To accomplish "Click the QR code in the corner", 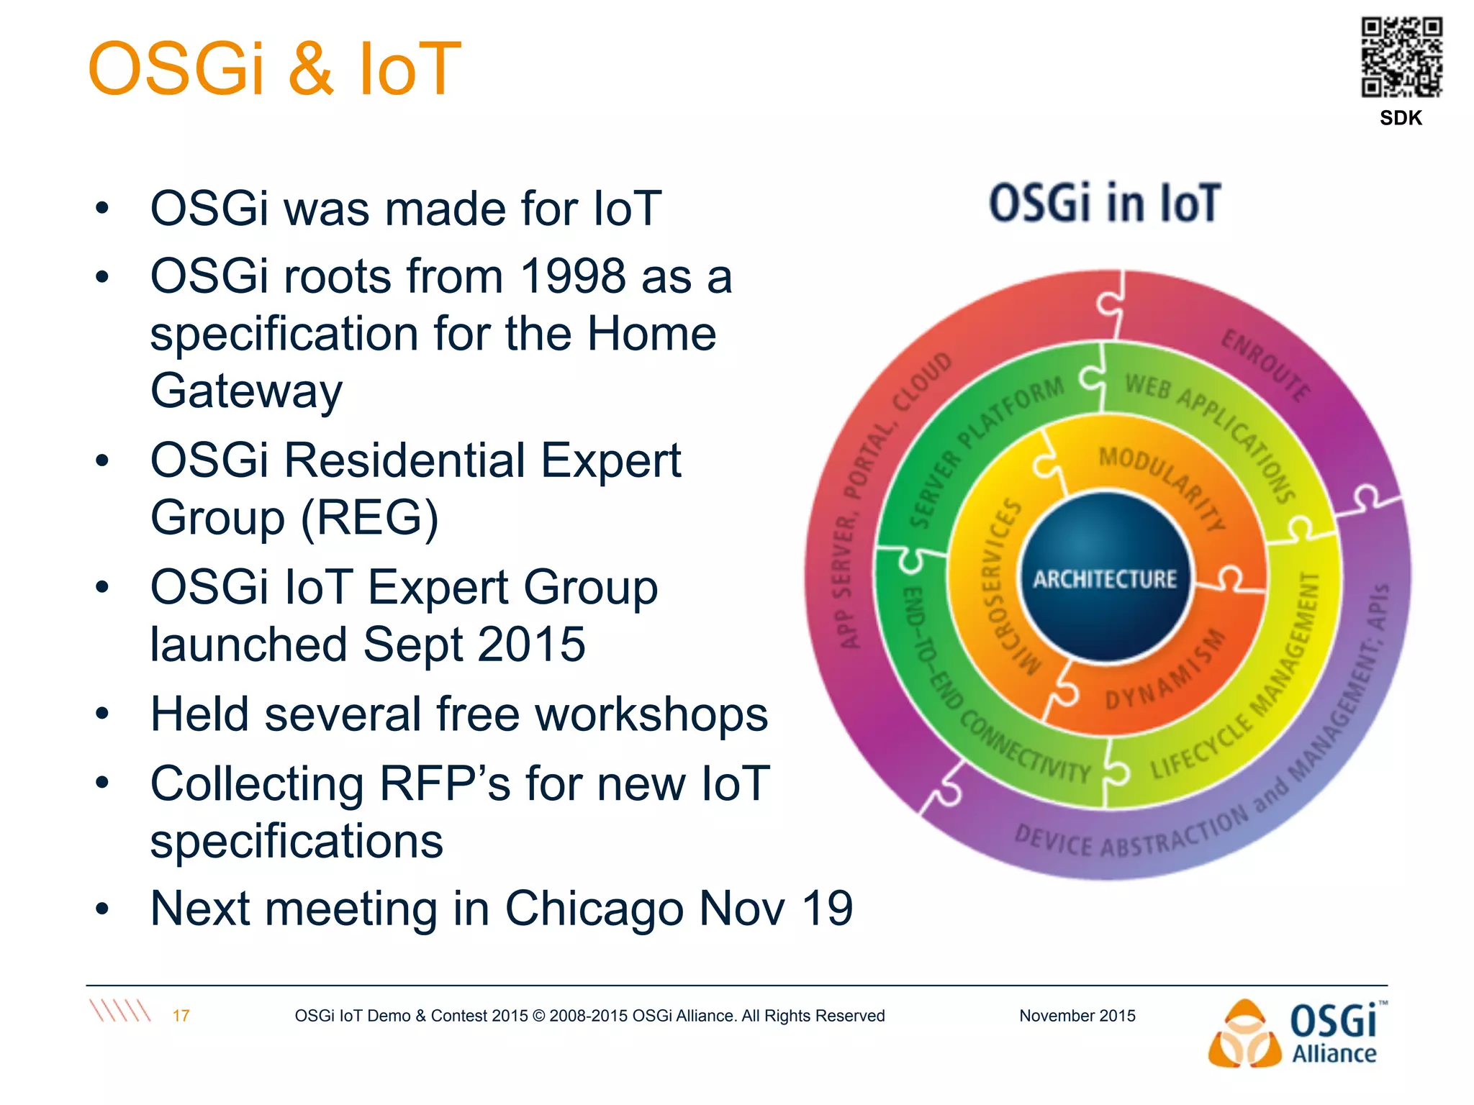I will pos(1401,57).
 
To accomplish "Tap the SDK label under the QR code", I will pos(1401,118).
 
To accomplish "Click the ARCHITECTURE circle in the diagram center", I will pos(1105,578).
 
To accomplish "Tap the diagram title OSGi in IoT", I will pos(1105,203).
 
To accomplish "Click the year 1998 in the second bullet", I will pos(572,276).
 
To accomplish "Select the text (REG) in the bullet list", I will pos(369,517).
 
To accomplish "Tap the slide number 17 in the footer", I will pos(181,1016).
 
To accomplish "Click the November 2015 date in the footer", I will pos(1077,1016).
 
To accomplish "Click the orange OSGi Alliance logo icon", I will pos(1244,1034).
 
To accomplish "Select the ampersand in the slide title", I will pos(311,69).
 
